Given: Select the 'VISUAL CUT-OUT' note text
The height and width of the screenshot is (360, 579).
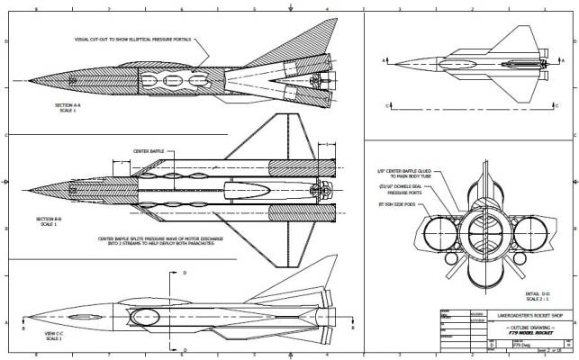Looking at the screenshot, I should [x=135, y=40].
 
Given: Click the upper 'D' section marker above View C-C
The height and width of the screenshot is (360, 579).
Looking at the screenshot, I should [x=185, y=271].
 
